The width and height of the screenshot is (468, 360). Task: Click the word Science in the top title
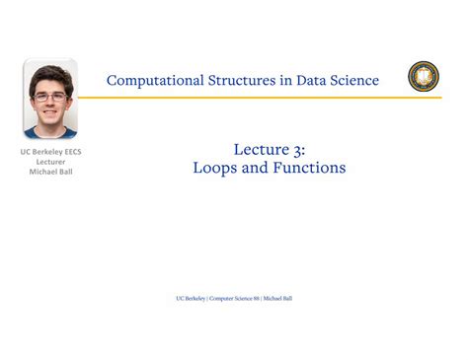355,80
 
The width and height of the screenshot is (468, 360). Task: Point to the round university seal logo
424,77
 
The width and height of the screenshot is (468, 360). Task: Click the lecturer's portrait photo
50,99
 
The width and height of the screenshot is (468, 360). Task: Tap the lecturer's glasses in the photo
50,97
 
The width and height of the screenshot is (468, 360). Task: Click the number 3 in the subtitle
298,150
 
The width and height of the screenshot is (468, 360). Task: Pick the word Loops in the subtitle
216,169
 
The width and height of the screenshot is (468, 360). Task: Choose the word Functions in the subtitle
310,169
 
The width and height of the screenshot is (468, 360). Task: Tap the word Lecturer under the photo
50,162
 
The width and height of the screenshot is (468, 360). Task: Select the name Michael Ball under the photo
50,172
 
